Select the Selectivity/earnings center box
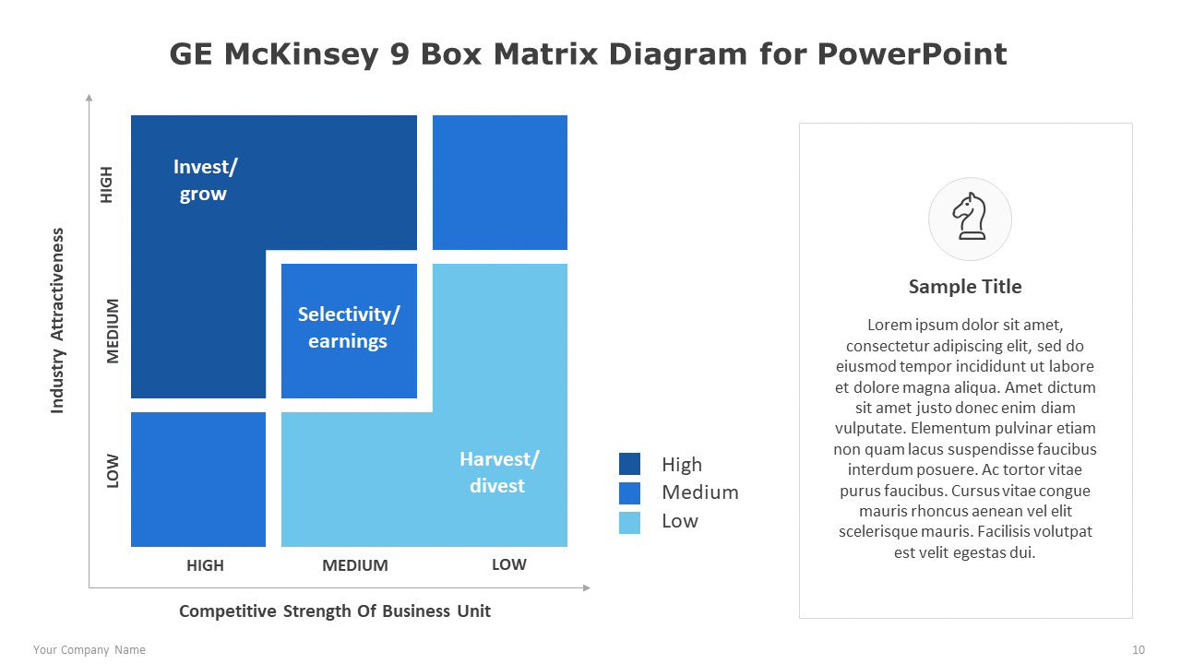(x=349, y=331)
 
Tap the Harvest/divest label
(x=499, y=472)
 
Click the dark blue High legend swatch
(x=629, y=464)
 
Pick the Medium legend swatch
(x=629, y=493)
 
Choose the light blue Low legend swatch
(x=629, y=523)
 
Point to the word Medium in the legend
(x=700, y=492)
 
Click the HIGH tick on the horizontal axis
(x=205, y=565)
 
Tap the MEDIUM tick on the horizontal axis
(x=355, y=565)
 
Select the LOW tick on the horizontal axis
(x=508, y=564)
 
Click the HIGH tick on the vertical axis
(x=106, y=184)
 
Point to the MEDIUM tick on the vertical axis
(x=113, y=331)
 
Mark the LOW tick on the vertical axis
(x=113, y=471)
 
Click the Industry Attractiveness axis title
(x=57, y=320)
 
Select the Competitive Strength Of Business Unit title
(x=335, y=611)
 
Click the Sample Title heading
(x=965, y=287)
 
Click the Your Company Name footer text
(x=89, y=650)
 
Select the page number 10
(x=1139, y=650)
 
